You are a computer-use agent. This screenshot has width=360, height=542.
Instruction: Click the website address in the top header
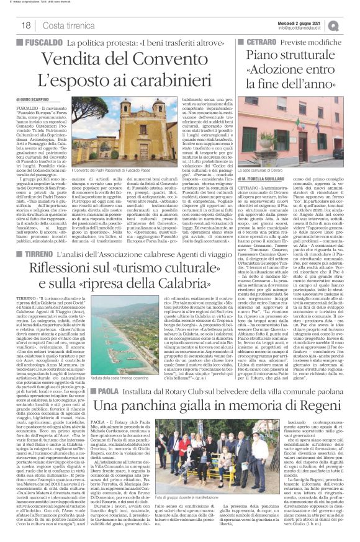click(x=310, y=28)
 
